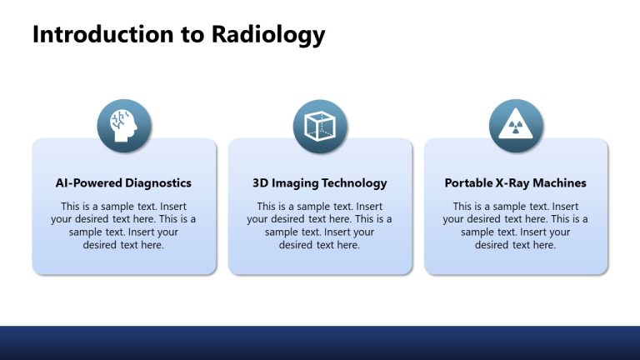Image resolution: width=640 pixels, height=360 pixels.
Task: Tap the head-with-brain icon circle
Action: tap(124, 126)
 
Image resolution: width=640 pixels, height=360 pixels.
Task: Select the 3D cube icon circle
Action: tap(320, 126)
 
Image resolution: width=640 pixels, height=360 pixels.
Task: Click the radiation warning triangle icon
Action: tap(516, 126)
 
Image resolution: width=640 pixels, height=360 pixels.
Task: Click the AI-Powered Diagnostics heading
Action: tap(123, 182)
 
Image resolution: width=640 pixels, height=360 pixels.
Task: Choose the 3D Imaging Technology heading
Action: tap(320, 182)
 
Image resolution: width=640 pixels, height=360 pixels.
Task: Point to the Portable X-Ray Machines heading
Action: tap(516, 182)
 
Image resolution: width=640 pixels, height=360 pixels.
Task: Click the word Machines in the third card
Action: tap(561, 182)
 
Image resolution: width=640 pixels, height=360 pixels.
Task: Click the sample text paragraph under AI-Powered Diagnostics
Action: tap(123, 226)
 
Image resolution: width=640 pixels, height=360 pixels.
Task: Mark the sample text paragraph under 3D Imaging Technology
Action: tap(320, 226)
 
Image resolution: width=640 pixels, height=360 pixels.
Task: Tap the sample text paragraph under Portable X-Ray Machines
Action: tap(516, 226)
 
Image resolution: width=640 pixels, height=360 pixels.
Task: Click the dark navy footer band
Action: tap(320, 342)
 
